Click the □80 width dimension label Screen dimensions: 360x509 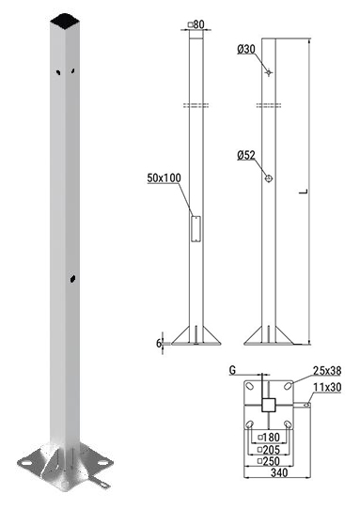(196, 24)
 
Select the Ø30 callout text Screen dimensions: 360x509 (246, 50)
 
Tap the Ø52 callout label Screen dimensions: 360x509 (246, 156)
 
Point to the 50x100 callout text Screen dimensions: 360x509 (164, 177)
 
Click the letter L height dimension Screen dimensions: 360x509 (304, 192)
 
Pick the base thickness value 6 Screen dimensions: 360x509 (159, 343)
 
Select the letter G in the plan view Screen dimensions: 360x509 (232, 370)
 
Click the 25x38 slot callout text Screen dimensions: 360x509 (327, 370)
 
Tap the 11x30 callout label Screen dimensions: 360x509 (327, 387)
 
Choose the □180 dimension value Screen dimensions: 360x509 (269, 438)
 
